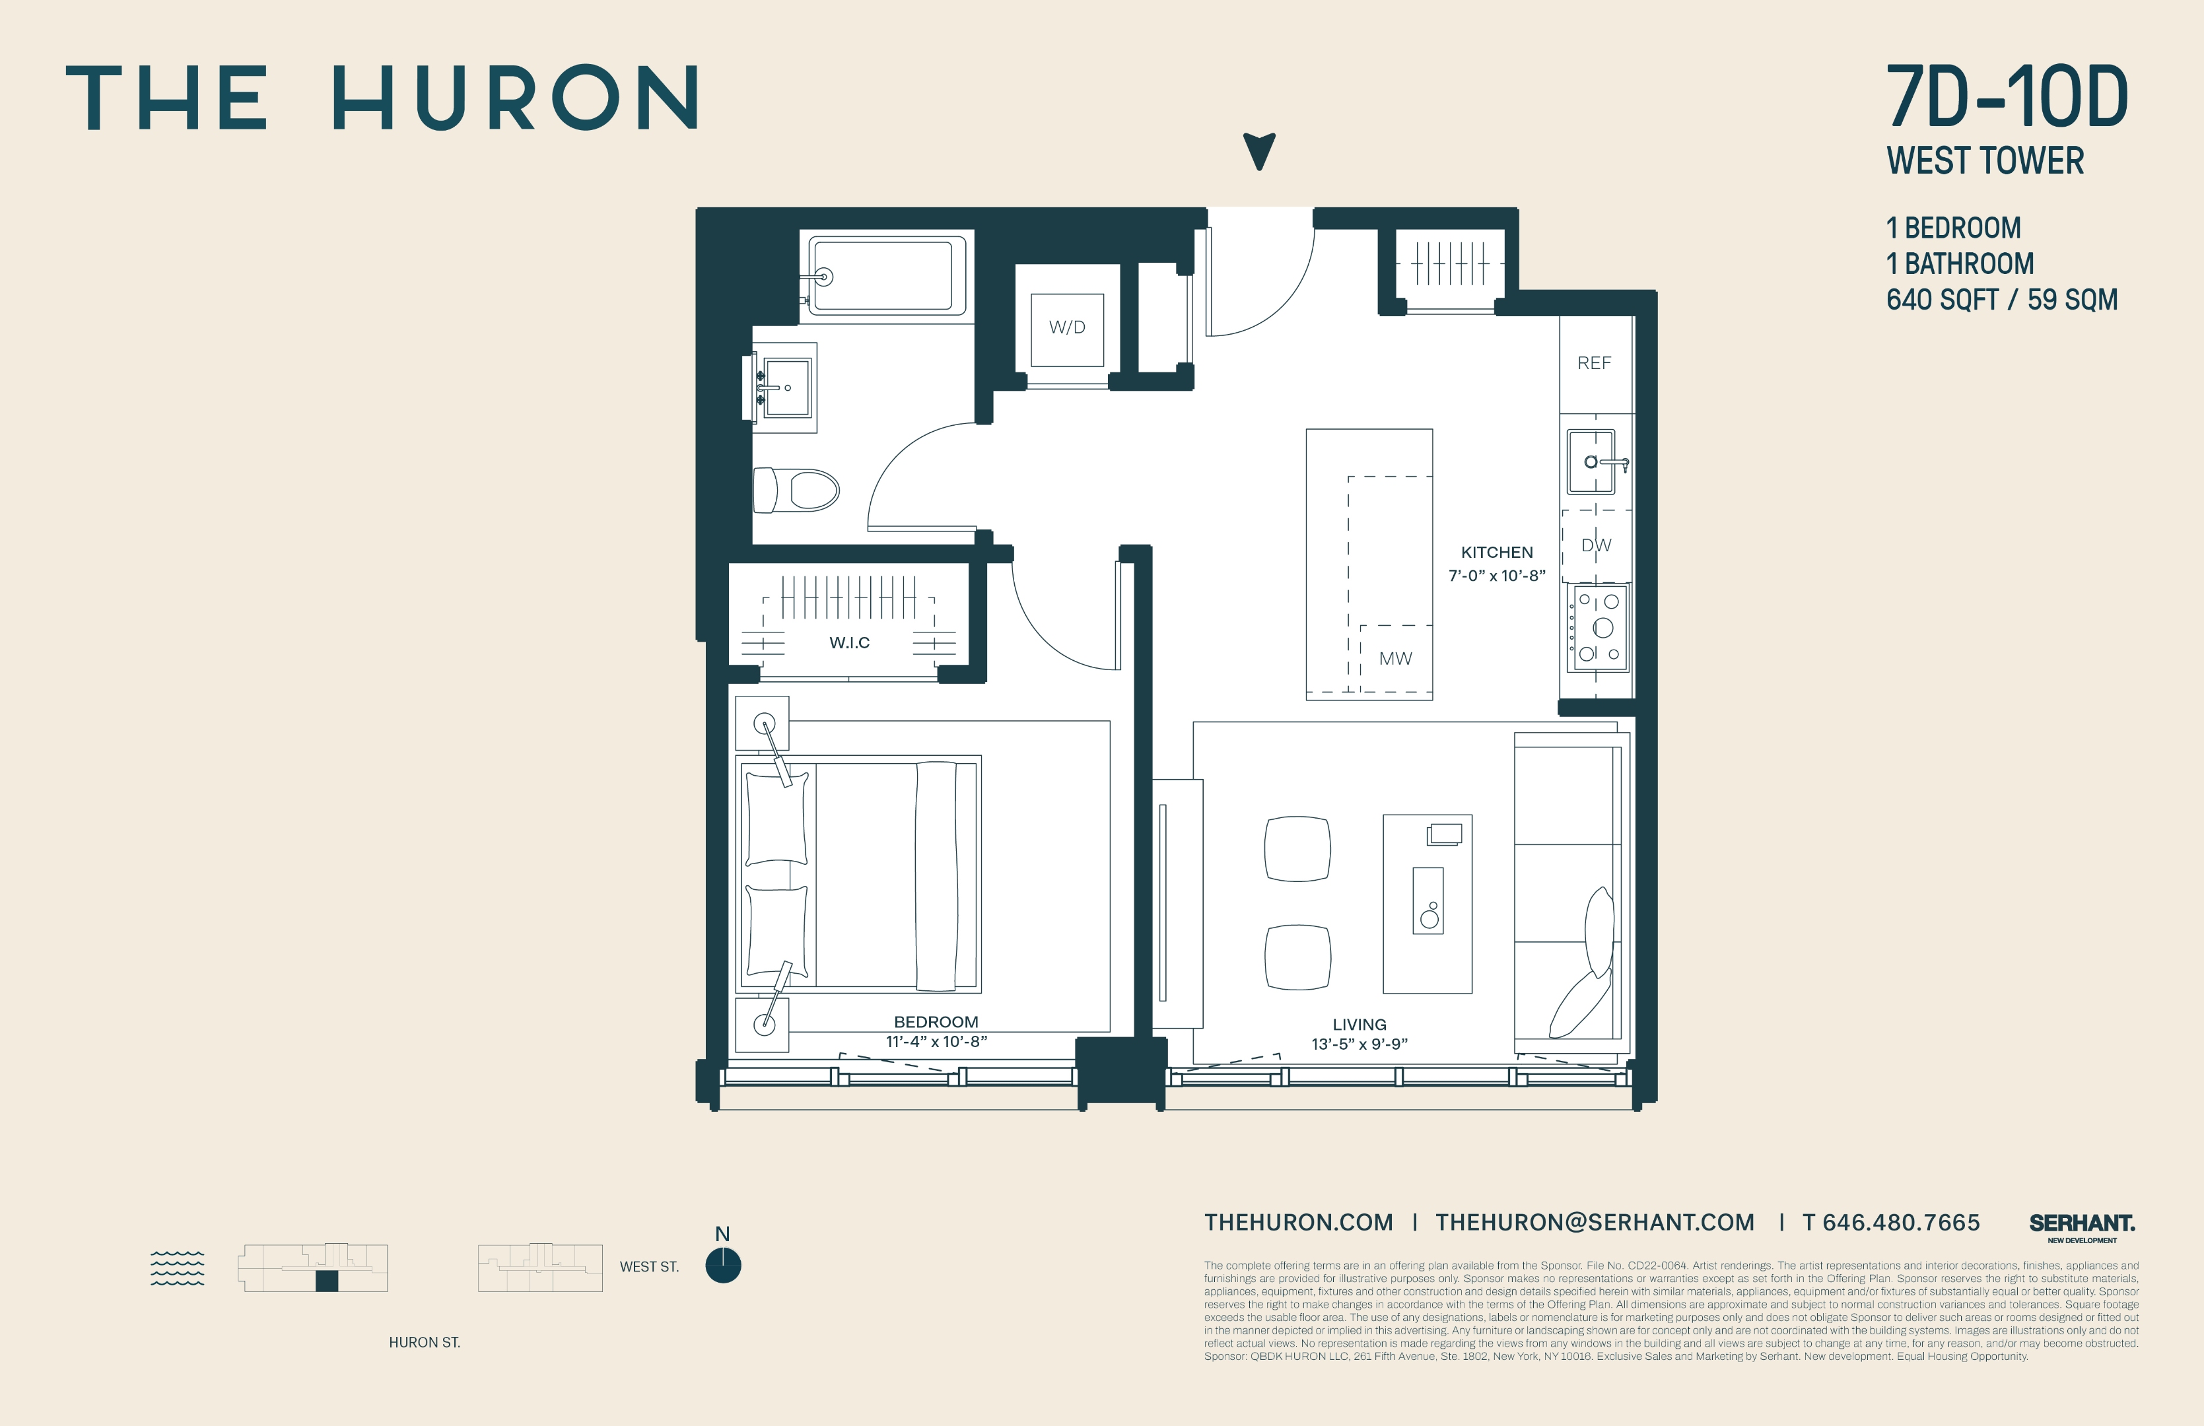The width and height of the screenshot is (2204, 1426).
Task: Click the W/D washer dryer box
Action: pos(1067,328)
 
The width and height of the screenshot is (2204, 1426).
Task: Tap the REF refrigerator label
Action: pos(1594,363)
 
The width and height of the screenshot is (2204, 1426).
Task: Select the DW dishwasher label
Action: pos(1596,545)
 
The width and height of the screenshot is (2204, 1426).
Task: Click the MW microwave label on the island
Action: pos(1395,658)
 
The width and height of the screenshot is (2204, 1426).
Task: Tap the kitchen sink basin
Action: pos(1592,461)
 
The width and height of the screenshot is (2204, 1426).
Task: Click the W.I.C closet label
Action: pos(849,642)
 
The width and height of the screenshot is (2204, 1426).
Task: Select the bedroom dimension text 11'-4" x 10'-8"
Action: pos(936,1042)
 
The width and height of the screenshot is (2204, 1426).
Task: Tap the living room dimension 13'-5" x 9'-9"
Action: pos(1358,1044)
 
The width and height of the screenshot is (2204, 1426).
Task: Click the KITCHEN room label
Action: pos(1496,552)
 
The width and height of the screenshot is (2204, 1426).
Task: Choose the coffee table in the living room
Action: pos(1427,904)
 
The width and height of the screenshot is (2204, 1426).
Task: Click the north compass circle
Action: pos(722,1265)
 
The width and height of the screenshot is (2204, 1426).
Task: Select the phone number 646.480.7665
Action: pos(1900,1222)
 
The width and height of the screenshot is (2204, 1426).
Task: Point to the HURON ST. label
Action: pos(424,1341)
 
